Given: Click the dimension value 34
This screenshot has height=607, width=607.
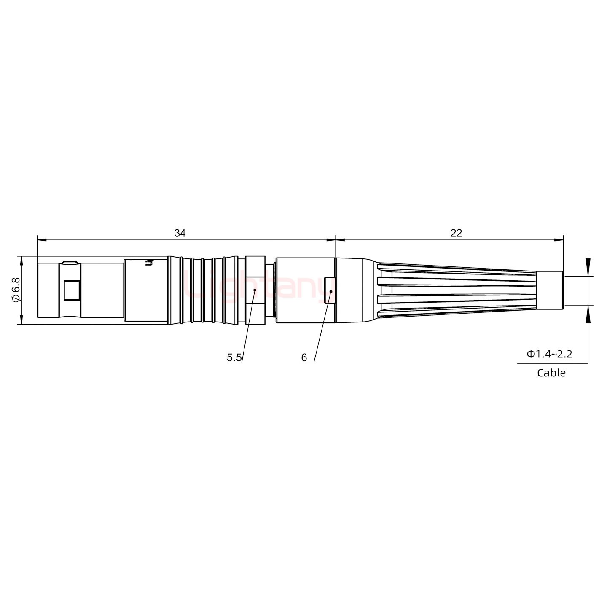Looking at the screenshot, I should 180,233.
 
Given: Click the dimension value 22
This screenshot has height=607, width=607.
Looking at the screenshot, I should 456,233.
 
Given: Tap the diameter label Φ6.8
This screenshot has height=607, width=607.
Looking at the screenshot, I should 16,290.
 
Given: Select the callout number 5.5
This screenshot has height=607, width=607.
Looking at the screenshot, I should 234,358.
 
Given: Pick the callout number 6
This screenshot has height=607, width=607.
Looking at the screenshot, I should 304,358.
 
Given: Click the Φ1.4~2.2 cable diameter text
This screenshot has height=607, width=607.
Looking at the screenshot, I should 549,354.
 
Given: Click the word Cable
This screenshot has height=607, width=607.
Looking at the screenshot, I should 551,373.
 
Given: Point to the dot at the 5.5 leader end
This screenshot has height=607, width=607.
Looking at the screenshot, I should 255,290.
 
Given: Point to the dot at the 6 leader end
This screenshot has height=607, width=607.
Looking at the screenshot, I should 331,291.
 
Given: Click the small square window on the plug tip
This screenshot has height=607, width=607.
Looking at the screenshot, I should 72,290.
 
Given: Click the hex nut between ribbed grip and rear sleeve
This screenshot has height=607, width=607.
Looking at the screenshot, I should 255,290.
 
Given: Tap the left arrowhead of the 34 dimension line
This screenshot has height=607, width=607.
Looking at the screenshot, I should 41,240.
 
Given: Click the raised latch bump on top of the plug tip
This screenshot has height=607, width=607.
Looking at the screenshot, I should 69,263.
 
